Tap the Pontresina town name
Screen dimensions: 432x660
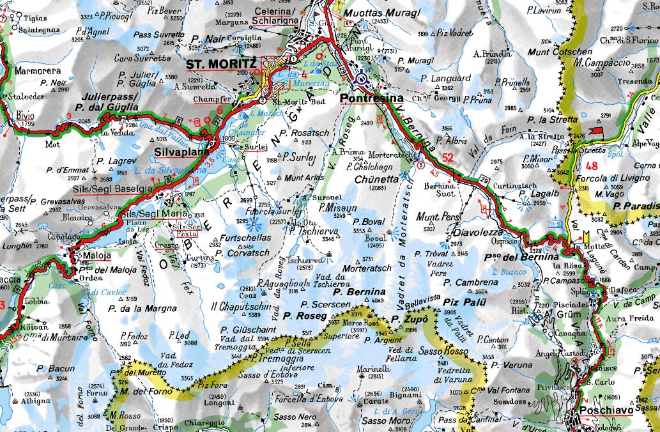tap(371, 98)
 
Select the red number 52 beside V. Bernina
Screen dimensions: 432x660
tap(448, 157)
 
